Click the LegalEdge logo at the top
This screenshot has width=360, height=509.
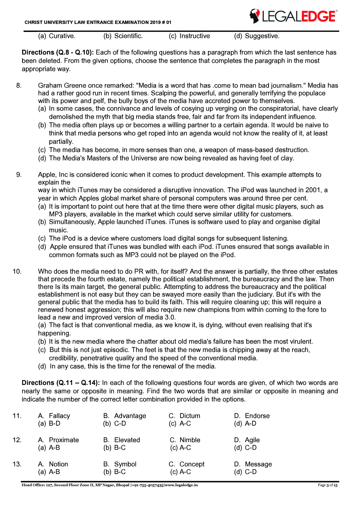click(293, 16)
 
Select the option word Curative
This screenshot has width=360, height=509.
click(62, 36)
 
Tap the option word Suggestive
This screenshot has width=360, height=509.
click(262, 36)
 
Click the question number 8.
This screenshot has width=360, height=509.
click(19, 86)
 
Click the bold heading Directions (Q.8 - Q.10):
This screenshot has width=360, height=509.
click(58, 53)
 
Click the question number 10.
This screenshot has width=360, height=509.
click(17, 271)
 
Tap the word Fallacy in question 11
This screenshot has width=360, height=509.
click(60, 416)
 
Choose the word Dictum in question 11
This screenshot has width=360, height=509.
click(190, 416)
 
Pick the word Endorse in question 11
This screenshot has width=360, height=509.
click(257, 416)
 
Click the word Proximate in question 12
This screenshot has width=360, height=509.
click(64, 440)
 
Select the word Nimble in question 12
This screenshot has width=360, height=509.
click(190, 440)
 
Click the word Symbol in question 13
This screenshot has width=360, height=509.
click(125, 464)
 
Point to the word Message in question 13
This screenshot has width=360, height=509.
click(258, 464)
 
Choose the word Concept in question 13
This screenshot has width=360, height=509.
click(192, 464)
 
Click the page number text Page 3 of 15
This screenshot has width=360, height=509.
click(327, 485)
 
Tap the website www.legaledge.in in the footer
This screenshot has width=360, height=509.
click(181, 485)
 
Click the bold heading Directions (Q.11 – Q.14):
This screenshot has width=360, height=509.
click(61, 383)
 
